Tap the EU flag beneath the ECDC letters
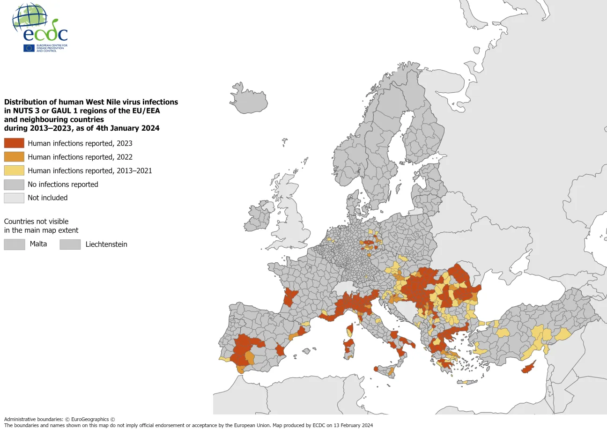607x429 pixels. (29, 48)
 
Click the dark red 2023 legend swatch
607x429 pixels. (14, 143)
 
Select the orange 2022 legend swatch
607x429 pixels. (14, 157)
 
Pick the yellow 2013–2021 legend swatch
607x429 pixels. (14, 170)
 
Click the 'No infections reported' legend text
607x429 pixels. (63, 185)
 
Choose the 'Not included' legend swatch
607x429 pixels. (14, 198)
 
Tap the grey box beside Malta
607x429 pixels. (14, 244)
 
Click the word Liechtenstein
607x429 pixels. (106, 244)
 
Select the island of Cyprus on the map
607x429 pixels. (528, 368)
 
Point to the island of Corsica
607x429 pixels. (349, 330)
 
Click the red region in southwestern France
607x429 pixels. (290, 297)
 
